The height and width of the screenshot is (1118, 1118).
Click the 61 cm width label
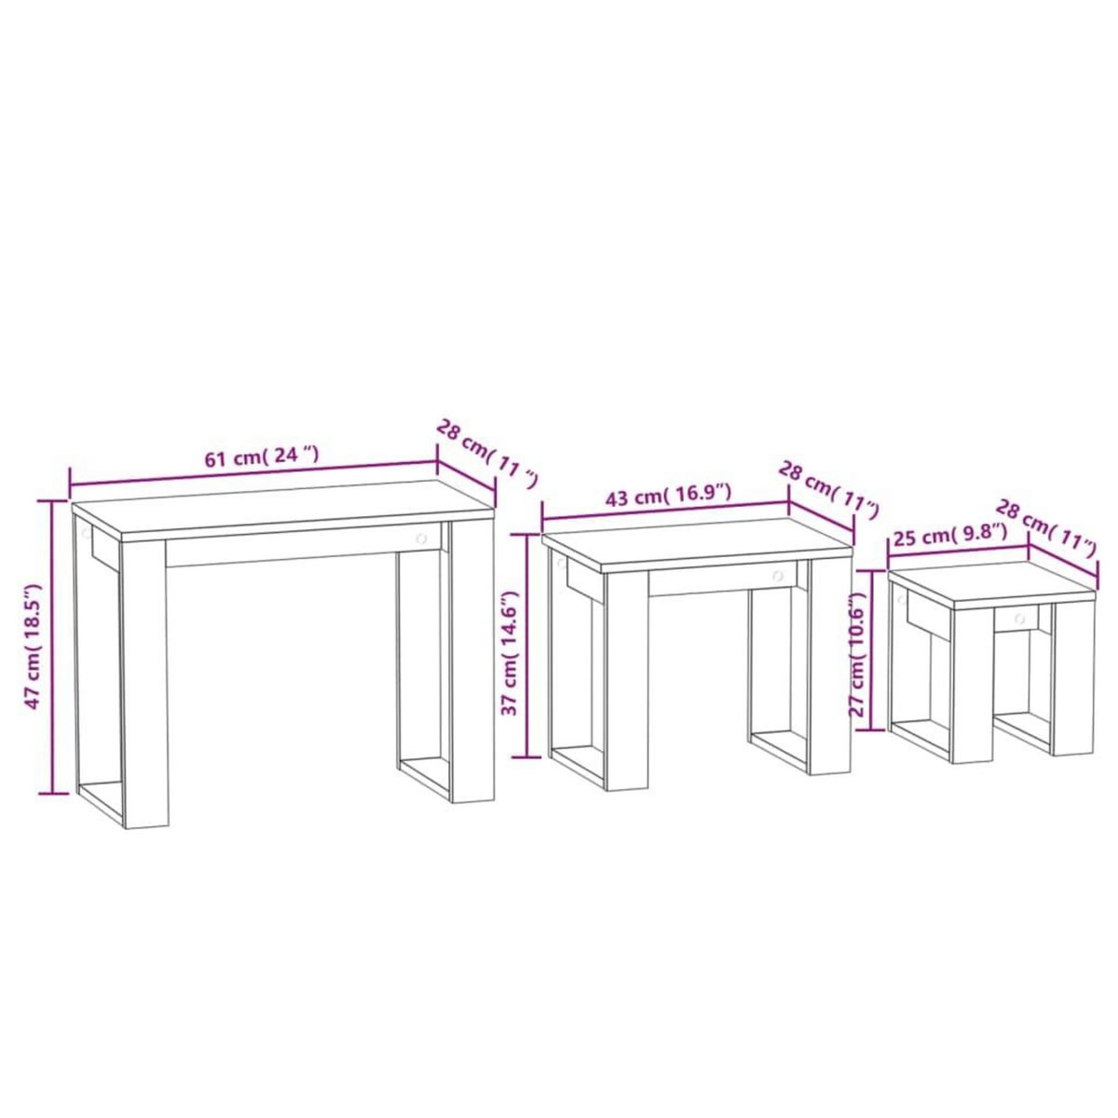pos(262,457)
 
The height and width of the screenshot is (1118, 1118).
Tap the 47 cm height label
pos(34,647)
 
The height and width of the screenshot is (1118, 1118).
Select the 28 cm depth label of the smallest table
pos(1045,527)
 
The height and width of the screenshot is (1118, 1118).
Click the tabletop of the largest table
pos(279,508)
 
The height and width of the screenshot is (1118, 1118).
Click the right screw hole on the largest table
pos(421,538)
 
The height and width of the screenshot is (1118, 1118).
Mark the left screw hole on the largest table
pos(86,534)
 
